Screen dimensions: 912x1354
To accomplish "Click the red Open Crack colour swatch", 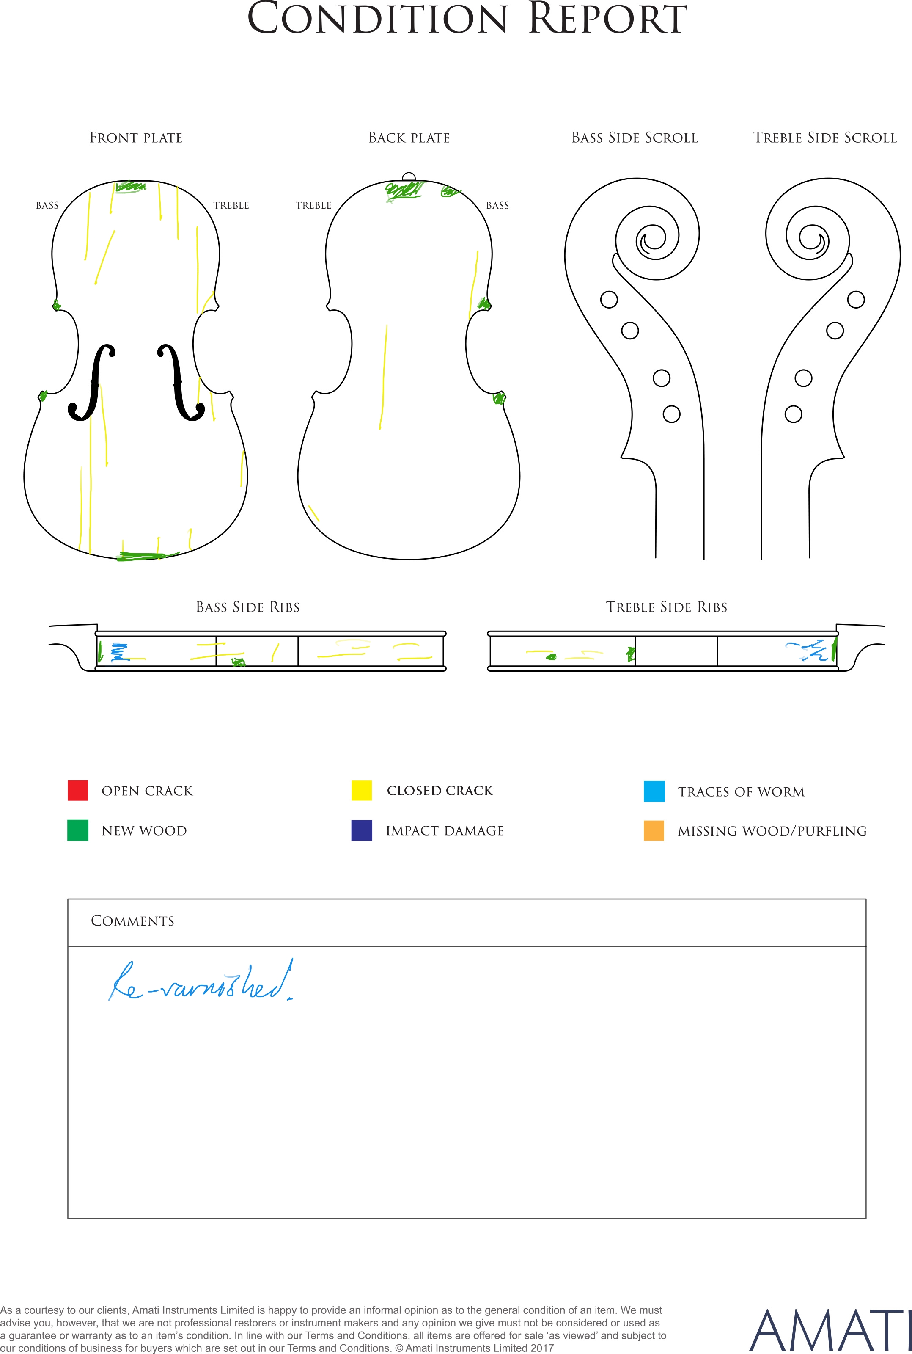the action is tap(78, 790).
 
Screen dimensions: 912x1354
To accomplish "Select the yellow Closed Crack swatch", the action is tap(362, 790).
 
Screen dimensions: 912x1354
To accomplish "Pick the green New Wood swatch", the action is tap(78, 830).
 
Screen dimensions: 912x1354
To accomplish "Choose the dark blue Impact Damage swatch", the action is tap(362, 830).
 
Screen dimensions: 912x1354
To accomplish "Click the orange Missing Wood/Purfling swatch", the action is tap(654, 830).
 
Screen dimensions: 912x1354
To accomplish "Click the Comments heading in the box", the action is tap(133, 921).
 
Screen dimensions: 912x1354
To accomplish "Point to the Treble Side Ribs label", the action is tap(667, 607).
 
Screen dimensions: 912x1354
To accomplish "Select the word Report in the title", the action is tap(608, 19).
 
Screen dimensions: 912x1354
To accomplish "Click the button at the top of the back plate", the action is tap(409, 177).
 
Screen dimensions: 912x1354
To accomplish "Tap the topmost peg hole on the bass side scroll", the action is tap(609, 300).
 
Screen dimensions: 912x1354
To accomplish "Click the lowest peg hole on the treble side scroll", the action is tap(794, 414).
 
